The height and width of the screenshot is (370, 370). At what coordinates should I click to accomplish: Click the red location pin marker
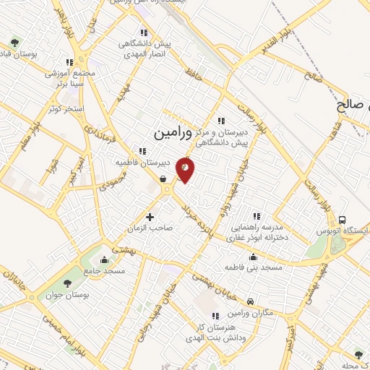[x=186, y=169]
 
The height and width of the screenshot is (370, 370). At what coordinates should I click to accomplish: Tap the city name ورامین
[x=175, y=133]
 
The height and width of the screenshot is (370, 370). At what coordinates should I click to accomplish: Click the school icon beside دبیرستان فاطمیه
[x=143, y=151]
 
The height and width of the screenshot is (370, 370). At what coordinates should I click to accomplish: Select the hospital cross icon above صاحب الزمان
[x=150, y=216]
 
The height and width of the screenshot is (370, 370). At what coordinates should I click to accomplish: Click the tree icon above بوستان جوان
[x=67, y=283]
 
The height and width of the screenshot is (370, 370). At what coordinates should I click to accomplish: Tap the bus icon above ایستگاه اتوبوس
[x=342, y=220]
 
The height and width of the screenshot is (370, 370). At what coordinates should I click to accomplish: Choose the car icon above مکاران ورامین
[x=249, y=301]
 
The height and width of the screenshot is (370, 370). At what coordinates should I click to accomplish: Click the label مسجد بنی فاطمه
[x=252, y=268]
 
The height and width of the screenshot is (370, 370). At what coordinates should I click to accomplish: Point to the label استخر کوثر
[x=67, y=108]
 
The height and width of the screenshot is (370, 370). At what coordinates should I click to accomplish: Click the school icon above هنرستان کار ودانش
[x=215, y=316]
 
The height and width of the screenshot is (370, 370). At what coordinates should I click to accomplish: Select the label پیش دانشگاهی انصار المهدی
[x=143, y=48]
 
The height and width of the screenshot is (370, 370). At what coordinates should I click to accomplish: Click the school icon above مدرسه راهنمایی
[x=256, y=215]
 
